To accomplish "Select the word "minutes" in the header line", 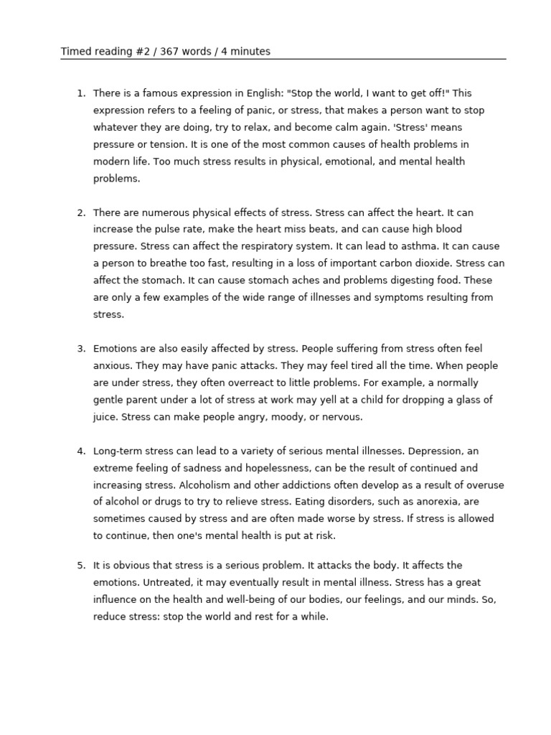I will [x=250, y=52].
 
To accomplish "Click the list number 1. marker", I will [x=81, y=93].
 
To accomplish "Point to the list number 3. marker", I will [x=81, y=349].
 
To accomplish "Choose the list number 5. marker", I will [x=81, y=566].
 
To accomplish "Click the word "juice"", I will [x=105, y=417].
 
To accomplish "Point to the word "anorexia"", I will [x=430, y=502].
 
